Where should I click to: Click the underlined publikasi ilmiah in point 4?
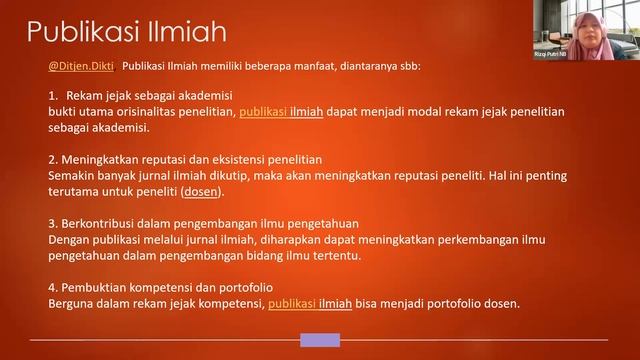point(310,304)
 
